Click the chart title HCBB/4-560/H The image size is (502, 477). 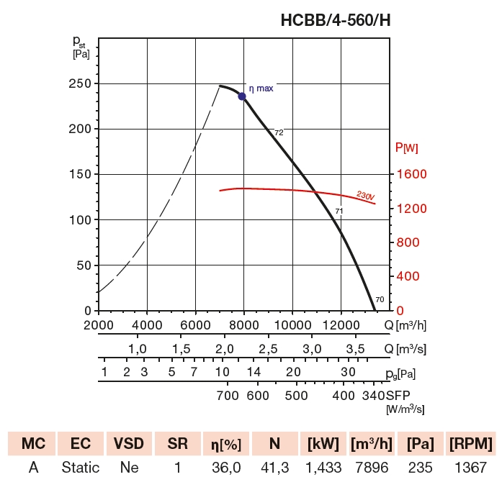coord(335,21)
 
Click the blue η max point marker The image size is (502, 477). coord(242,96)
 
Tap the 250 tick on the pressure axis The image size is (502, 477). coord(79,83)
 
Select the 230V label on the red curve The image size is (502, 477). coord(366,194)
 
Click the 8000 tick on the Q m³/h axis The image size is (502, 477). coord(244,324)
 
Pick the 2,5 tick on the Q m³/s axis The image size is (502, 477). coord(268,349)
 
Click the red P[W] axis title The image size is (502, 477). coord(407,148)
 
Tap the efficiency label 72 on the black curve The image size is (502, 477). coord(279,132)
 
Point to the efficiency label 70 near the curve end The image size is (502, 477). coord(380,299)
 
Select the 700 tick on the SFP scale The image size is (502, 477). coord(228,396)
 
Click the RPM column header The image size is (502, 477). coord(470,442)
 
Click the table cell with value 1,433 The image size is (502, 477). coord(321,467)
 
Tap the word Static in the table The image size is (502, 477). coord(80,467)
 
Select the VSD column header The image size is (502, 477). coord(129,442)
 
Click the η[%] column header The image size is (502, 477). coord(225,442)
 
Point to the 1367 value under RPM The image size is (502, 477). coord(470,467)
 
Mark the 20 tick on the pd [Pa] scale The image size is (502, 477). coord(292,372)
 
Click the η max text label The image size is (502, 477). coord(261,88)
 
